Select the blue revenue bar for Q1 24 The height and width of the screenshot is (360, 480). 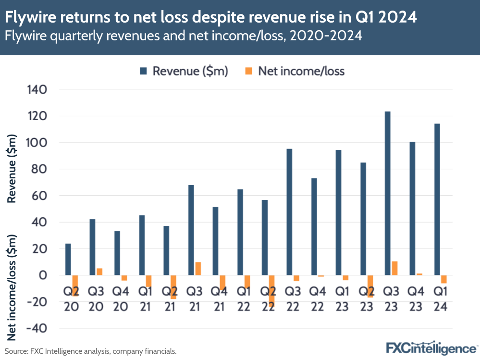coord(437,199)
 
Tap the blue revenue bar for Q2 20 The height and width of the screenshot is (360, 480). coord(68,260)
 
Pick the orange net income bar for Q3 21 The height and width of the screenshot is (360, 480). coord(198,269)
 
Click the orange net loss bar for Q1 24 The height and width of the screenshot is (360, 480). coord(444,279)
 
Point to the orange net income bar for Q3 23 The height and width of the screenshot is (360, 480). coord(394,268)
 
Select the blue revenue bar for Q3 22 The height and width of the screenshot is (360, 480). coord(289,212)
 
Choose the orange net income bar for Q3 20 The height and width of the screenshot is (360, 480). coord(99,272)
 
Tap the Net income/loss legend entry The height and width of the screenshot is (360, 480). coord(295,71)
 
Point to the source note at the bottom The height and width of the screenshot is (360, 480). coord(91,351)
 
